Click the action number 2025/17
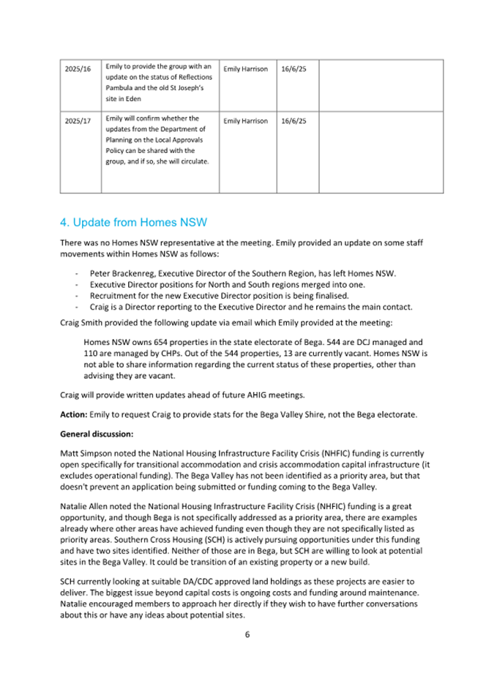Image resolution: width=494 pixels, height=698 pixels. coord(78,120)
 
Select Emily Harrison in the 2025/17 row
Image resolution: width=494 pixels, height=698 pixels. coord(245,120)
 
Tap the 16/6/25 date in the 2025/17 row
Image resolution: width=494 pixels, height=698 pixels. coord(293,120)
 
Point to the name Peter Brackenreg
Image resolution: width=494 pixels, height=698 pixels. coord(124,273)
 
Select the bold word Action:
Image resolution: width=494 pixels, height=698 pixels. coord(74,415)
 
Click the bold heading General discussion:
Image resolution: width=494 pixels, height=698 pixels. coord(91,434)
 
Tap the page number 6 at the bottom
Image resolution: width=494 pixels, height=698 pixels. coord(247,634)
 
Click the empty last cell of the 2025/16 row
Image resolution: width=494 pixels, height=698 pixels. coord(381,86)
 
